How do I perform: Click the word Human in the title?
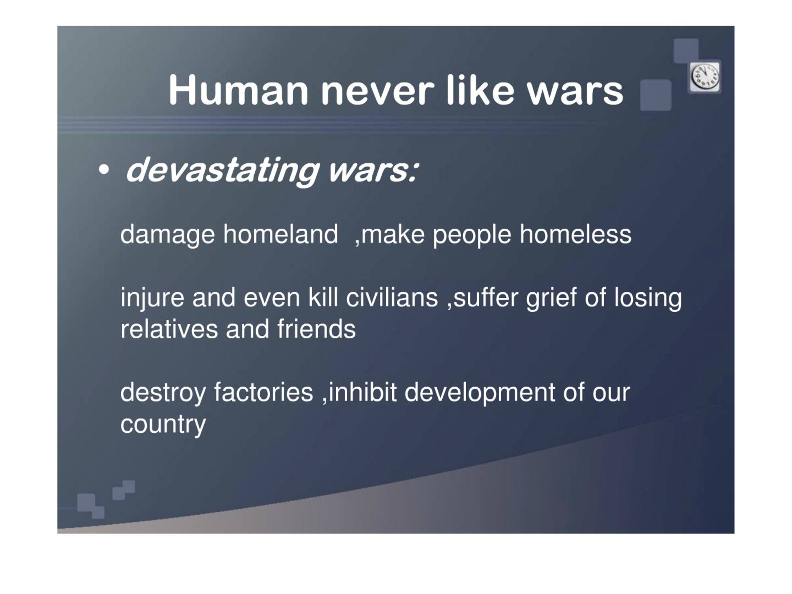(x=238, y=90)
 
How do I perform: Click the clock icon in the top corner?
(x=705, y=77)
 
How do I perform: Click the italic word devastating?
(x=222, y=171)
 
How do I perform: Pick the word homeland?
(x=280, y=234)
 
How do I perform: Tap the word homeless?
(x=575, y=234)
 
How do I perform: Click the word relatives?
(x=169, y=329)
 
